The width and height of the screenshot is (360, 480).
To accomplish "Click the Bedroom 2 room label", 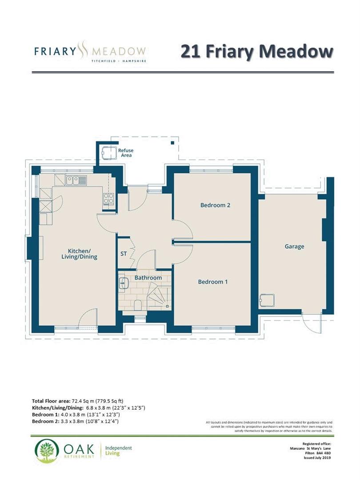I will click(215, 205).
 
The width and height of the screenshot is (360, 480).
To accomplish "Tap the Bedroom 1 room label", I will click(213, 282).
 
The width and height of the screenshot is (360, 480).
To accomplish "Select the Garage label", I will click(294, 246).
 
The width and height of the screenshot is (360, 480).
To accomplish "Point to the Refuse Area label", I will click(126, 153).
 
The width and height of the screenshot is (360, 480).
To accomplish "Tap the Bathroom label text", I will click(148, 278).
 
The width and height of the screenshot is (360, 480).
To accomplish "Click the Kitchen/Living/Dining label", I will click(79, 253).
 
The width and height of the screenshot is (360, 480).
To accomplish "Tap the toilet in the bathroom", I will click(138, 305).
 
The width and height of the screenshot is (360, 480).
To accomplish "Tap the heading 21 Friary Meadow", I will click(256, 51).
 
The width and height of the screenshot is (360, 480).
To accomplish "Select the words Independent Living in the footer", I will click(118, 451).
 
